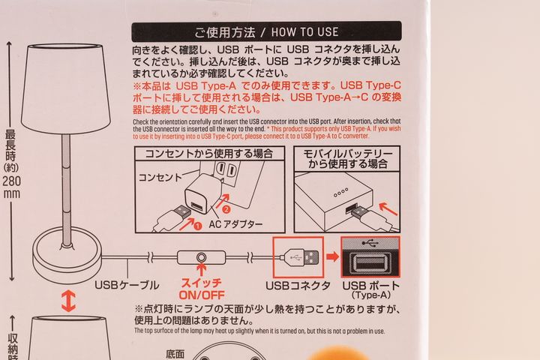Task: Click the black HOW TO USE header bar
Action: [x=266, y=31]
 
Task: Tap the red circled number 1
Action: [x=197, y=226]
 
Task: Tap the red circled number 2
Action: [x=226, y=209]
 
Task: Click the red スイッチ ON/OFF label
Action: [x=202, y=289]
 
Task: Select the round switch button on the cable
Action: [x=201, y=258]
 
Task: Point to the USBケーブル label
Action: [x=127, y=285]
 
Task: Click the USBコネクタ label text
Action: [x=298, y=286]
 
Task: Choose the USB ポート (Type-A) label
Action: [x=371, y=289]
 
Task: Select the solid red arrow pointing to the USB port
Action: [x=332, y=256]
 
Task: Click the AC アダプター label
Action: [x=235, y=224]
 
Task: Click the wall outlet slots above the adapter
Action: [x=226, y=169]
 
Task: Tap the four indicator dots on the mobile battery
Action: [x=340, y=193]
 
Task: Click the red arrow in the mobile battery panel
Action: [x=388, y=209]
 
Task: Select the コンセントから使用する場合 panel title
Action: [x=209, y=153]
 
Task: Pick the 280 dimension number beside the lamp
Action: [x=12, y=181]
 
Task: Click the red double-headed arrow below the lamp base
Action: [x=68, y=301]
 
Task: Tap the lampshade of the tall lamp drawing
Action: [x=65, y=89]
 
